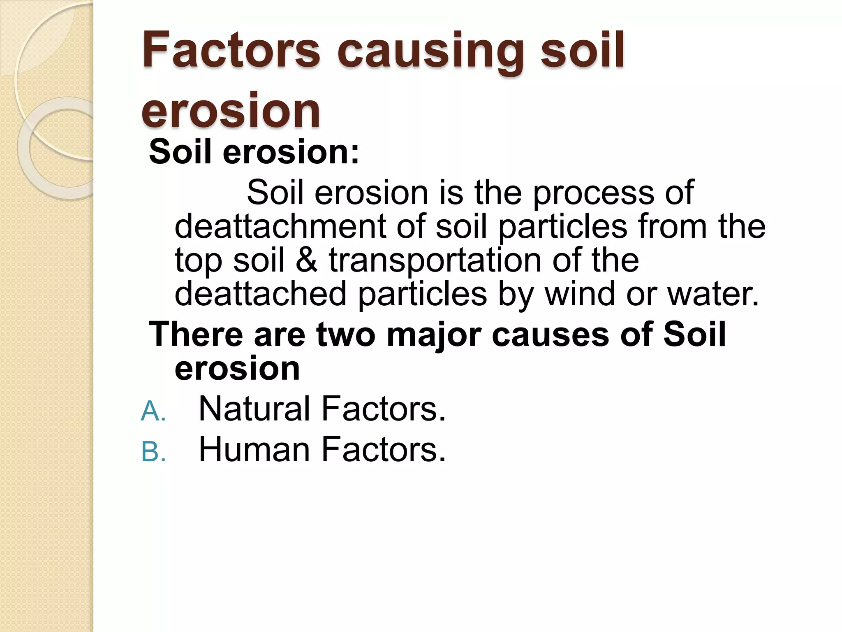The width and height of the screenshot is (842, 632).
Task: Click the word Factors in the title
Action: coord(231,51)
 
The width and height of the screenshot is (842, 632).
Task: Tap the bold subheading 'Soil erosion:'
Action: coord(254,152)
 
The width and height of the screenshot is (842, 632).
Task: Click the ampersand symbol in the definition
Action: coord(307,260)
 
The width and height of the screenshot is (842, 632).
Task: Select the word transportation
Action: coord(435,261)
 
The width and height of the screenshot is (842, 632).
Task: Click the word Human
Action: coord(254,450)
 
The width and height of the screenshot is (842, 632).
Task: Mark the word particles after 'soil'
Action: coord(563,228)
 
